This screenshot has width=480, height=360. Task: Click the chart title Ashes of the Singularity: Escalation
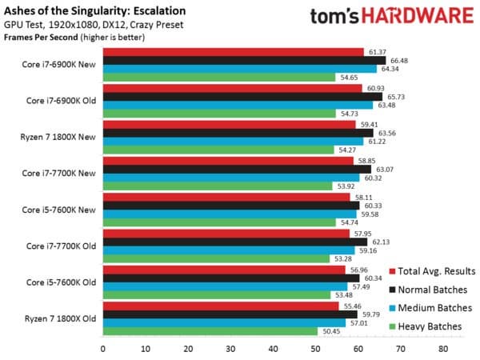[x=94, y=11]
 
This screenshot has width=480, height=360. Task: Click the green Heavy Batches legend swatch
[x=392, y=326]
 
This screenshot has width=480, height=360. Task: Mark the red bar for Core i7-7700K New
[x=228, y=160]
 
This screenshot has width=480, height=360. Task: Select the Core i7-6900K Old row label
[x=59, y=98]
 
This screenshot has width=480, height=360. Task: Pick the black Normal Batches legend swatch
[x=392, y=290]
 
